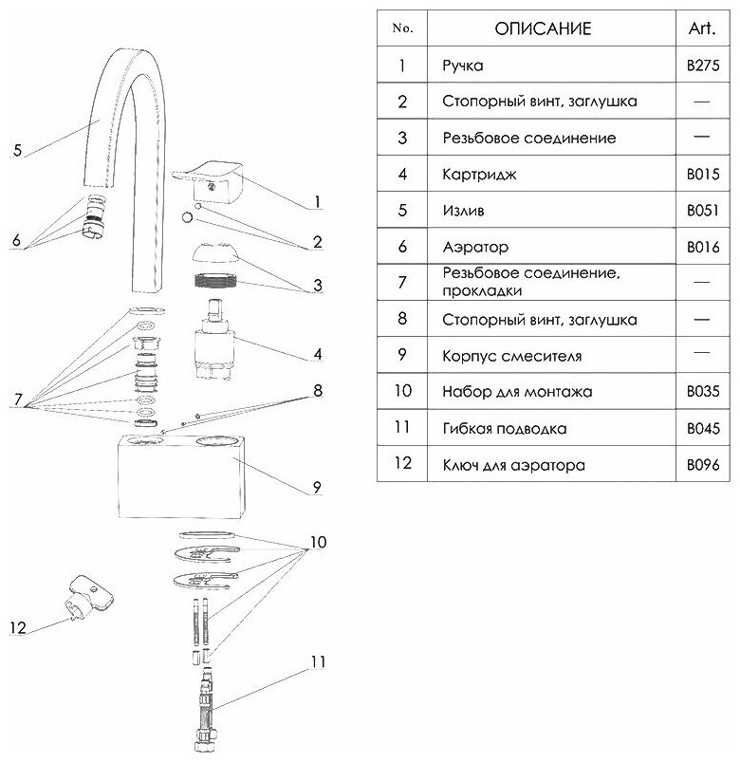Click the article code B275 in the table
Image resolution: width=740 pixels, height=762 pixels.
click(x=703, y=67)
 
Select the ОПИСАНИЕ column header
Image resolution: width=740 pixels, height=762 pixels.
click(x=543, y=28)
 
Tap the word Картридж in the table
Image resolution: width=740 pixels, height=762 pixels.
click(x=475, y=175)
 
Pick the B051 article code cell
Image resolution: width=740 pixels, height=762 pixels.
click(x=703, y=212)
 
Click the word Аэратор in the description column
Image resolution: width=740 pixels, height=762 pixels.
click(x=475, y=248)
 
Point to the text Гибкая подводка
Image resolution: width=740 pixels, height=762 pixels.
click(x=504, y=429)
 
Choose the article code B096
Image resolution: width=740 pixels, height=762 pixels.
click(x=703, y=466)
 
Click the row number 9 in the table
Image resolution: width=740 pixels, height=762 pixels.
click(x=402, y=356)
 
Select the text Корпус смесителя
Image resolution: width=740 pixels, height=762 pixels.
click(x=511, y=357)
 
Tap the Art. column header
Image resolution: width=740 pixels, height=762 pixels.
click(x=702, y=28)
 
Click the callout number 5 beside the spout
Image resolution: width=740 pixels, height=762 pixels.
click(x=18, y=151)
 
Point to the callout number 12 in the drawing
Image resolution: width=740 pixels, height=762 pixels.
click(x=18, y=627)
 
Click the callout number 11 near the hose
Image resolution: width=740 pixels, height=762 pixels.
click(x=316, y=660)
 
